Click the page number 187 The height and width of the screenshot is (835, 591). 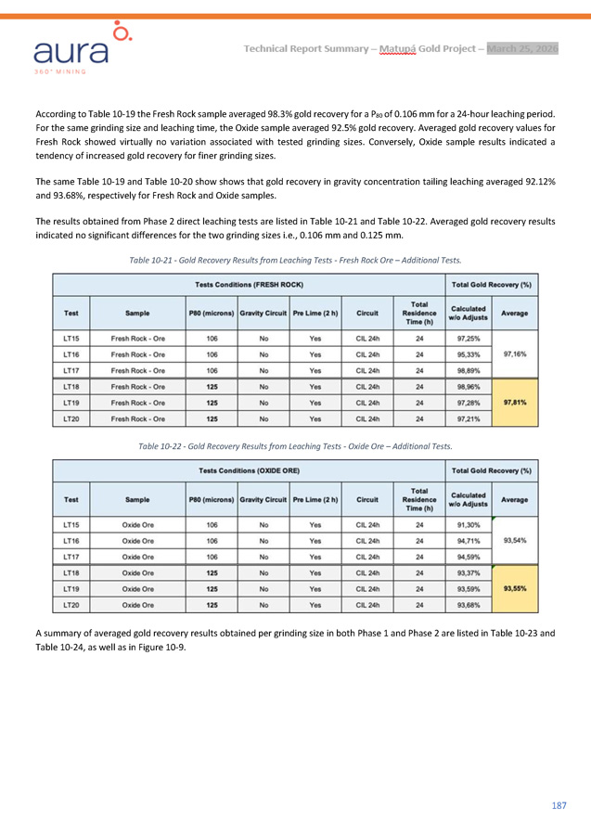pyautogui.click(x=558, y=804)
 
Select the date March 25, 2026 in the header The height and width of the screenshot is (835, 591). pyautogui.click(x=522, y=48)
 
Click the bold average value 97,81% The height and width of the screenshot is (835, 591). pyautogui.click(x=515, y=403)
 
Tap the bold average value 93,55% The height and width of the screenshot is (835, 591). pyautogui.click(x=515, y=588)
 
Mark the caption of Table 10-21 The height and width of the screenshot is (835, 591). pyautogui.click(x=295, y=259)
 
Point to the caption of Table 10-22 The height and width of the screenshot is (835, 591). pyautogui.click(x=295, y=446)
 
